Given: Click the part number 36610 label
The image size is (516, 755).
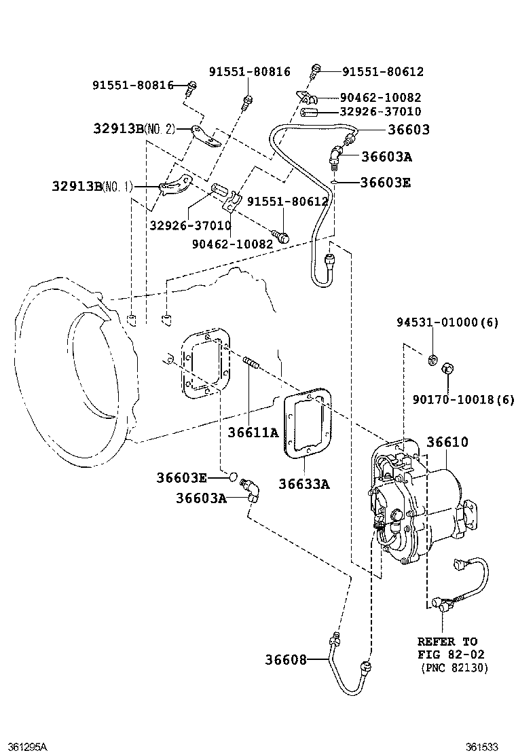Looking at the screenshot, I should (x=447, y=442).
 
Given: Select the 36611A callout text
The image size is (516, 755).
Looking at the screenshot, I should (x=253, y=432).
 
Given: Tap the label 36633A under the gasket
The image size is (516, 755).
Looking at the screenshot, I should (x=303, y=483).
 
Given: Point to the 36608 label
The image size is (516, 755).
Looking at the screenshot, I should (x=286, y=659).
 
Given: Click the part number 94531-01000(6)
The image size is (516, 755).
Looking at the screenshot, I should (x=447, y=323).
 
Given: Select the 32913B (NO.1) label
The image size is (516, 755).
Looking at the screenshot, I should (x=93, y=185).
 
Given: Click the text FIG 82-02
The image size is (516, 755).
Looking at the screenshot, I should (x=447, y=655).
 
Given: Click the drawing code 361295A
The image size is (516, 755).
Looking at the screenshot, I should (x=24, y=746).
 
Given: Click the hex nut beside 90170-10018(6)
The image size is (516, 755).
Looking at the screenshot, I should (x=447, y=369).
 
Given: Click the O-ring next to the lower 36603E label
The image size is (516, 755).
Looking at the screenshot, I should (x=232, y=477).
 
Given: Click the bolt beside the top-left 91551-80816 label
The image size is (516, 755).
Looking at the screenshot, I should (x=192, y=86).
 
